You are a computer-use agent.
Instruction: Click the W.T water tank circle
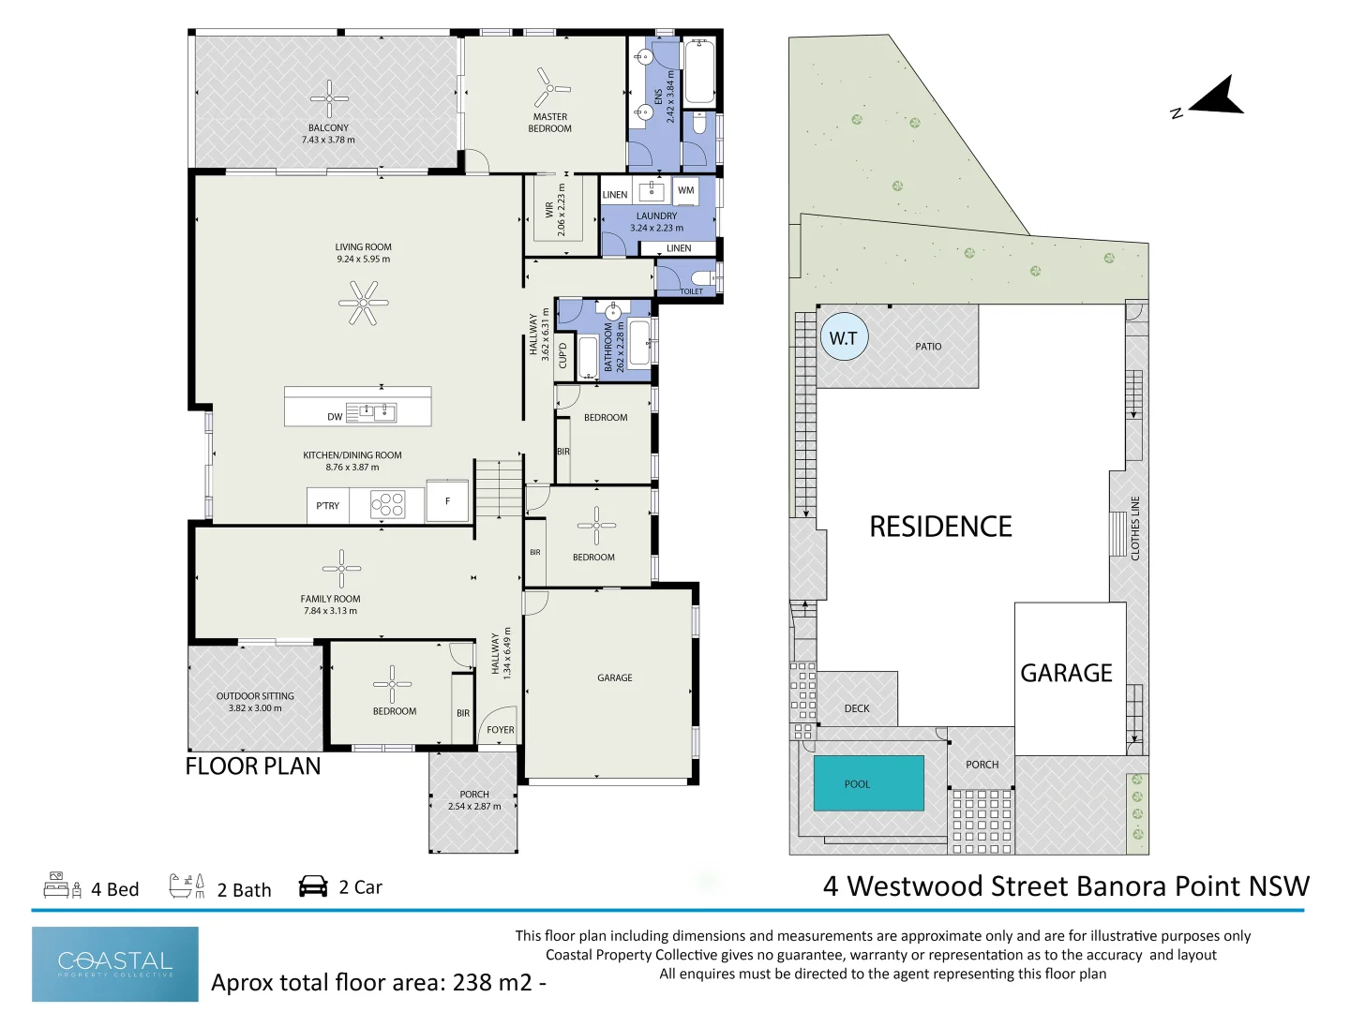click(844, 338)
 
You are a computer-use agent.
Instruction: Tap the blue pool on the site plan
click(869, 783)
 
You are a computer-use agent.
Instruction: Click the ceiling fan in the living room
click(363, 303)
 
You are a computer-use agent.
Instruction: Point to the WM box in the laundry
click(686, 190)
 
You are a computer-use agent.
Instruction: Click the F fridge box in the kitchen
click(447, 501)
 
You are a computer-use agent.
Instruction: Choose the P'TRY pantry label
click(327, 506)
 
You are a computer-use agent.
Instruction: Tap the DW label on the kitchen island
click(335, 417)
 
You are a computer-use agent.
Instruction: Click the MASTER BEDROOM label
click(550, 123)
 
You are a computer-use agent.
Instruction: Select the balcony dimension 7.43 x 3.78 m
click(328, 141)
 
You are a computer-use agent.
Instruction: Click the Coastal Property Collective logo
click(115, 964)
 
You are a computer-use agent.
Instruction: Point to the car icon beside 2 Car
click(313, 886)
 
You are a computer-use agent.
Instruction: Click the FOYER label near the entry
click(501, 730)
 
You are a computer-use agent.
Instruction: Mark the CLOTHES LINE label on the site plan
click(1135, 528)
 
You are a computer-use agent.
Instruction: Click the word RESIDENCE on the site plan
click(940, 527)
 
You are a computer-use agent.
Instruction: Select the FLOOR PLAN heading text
click(253, 766)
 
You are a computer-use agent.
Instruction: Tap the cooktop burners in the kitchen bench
click(387, 505)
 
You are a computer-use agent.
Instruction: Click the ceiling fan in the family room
click(341, 569)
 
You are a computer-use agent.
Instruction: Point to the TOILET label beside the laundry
click(691, 291)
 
